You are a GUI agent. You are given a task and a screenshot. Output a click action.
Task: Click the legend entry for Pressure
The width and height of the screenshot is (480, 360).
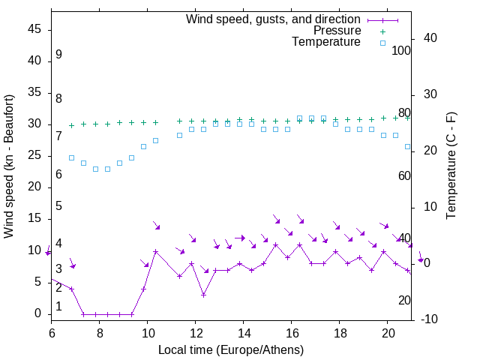337,31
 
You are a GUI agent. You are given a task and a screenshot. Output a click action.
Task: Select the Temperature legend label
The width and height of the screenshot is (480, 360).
326,43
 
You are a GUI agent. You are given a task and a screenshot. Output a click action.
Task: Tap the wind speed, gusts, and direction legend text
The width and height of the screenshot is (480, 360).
274,19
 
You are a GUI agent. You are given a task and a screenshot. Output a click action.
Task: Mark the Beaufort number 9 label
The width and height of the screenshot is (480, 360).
58,55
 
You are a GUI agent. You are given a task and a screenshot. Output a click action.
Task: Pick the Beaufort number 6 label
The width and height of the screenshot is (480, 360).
58,175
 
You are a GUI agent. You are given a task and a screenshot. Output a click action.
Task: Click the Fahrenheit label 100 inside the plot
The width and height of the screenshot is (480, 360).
401,50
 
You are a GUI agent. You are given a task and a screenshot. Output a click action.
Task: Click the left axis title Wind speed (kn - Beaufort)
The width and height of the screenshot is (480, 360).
9,166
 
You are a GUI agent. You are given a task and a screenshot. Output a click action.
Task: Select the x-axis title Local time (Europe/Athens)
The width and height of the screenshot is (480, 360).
231,350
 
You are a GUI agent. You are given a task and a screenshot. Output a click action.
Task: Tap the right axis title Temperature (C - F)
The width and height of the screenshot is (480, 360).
451,166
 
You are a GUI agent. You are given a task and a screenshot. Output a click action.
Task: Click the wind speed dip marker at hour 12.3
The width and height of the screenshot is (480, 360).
203,295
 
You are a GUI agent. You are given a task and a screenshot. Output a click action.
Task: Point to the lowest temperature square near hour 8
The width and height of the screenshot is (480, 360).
95,169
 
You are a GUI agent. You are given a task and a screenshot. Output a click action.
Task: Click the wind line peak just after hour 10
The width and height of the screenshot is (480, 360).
155,251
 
